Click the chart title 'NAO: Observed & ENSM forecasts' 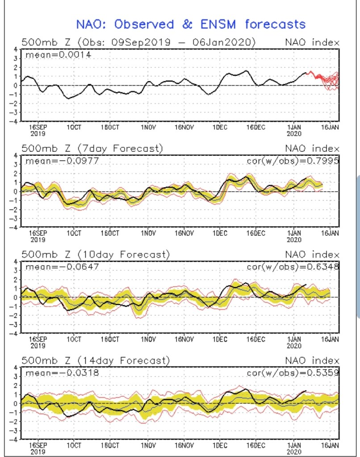[x=191, y=24]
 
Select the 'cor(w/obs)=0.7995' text [x=293, y=161]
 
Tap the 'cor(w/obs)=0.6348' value [x=293, y=267]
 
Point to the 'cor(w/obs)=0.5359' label [x=293, y=372]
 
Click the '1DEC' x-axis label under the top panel [x=220, y=127]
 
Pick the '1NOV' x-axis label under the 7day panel [x=148, y=233]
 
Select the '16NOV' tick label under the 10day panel [x=184, y=339]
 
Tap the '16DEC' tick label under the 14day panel [x=256, y=445]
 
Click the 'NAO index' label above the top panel [x=312, y=43]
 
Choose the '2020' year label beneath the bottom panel [x=293, y=451]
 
